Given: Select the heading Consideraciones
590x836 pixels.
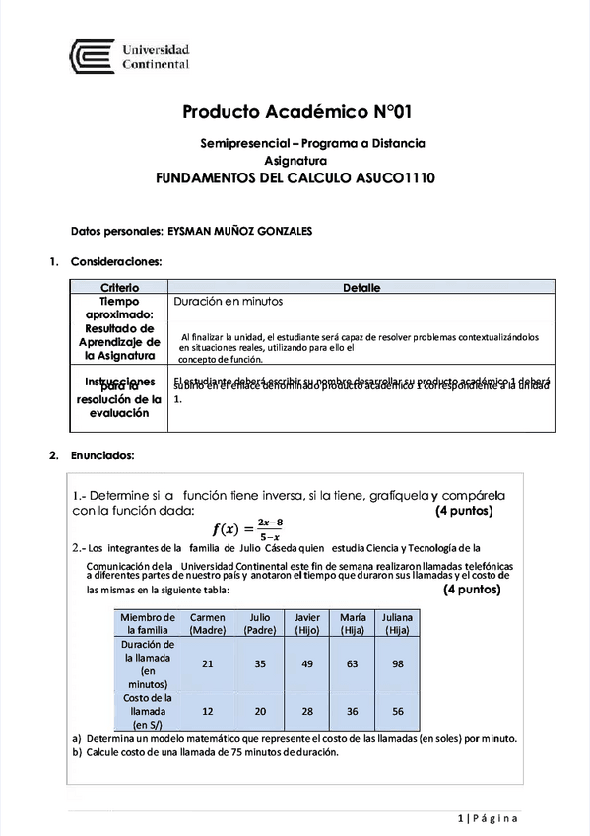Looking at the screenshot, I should coord(115,262).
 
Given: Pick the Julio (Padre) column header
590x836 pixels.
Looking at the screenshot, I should coord(260,623).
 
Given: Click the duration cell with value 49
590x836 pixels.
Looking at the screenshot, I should coord(307,663).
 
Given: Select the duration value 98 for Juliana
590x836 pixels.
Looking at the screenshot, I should coord(399,663).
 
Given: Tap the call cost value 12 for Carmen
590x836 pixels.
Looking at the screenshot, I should coord(207,711).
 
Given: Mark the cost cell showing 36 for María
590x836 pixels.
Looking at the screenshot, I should coord(353,711).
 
